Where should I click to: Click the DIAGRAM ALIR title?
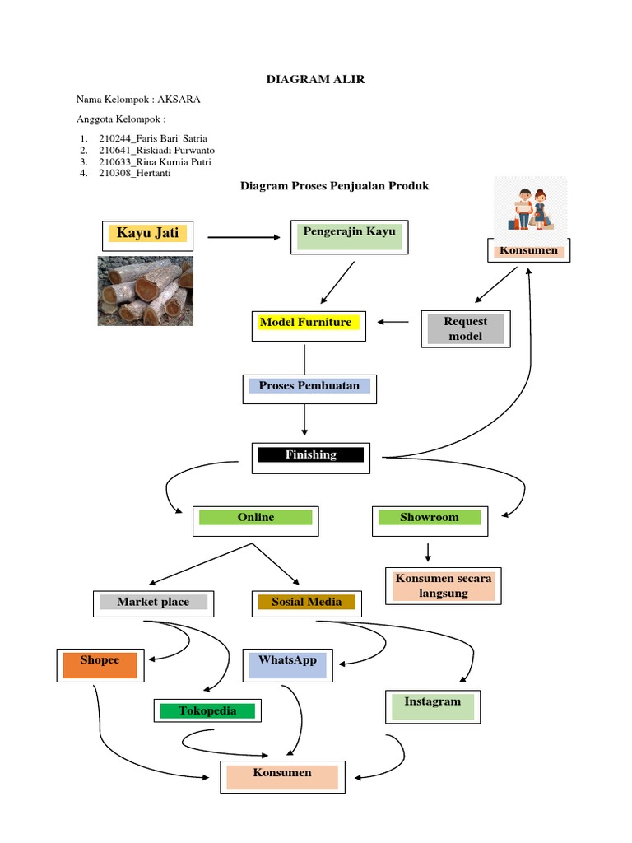(315, 79)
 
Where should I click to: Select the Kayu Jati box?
(148, 235)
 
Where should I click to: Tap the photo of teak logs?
(146, 291)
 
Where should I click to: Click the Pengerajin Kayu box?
(349, 237)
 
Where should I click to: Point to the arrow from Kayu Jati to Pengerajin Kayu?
(244, 237)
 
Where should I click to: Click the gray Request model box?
(465, 329)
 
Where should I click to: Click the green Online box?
(256, 519)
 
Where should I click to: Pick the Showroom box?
(429, 519)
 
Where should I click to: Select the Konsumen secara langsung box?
(444, 586)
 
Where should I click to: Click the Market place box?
(153, 603)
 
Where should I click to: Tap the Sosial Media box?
(306, 603)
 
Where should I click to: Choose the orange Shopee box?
(100, 665)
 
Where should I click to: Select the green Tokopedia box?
(208, 711)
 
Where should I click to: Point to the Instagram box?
(433, 706)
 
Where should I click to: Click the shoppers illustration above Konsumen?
(531, 209)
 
